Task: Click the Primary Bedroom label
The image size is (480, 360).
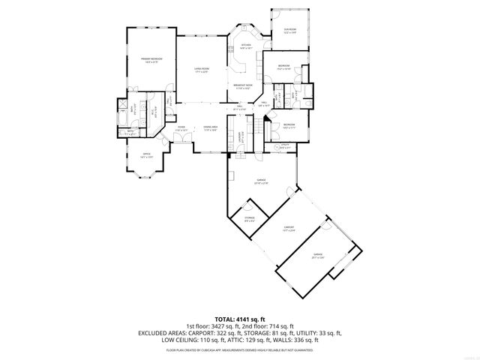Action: pyautogui.click(x=151, y=59)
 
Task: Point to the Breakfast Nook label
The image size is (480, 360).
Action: pyautogui.click(x=241, y=86)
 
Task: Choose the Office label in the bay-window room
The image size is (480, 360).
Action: pyautogui.click(x=147, y=156)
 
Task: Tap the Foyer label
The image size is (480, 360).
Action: pyautogui.click(x=181, y=128)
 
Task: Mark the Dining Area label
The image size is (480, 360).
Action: pyautogui.click(x=210, y=128)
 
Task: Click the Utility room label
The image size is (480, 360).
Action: pyautogui.click(x=286, y=146)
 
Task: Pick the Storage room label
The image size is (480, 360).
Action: pyautogui.click(x=249, y=218)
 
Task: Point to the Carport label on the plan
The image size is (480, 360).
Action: pyautogui.click(x=289, y=227)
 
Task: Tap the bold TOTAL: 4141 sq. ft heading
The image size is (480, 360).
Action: pyautogui.click(x=239, y=319)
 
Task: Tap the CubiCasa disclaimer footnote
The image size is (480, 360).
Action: pyautogui.click(x=240, y=349)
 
